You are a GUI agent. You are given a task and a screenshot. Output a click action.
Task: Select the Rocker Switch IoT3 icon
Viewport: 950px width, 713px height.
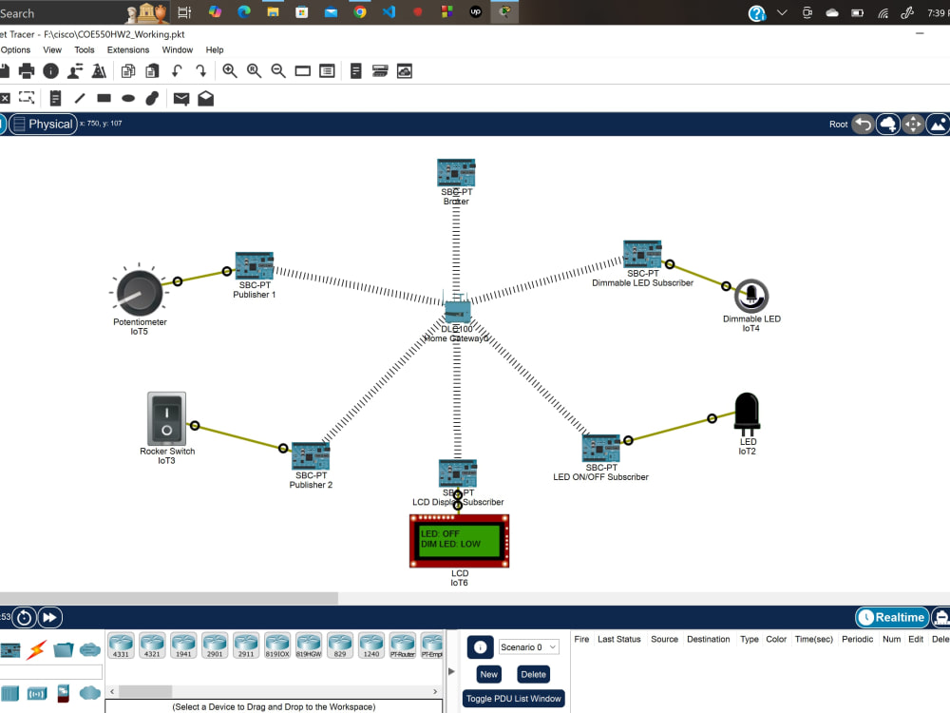(x=166, y=418)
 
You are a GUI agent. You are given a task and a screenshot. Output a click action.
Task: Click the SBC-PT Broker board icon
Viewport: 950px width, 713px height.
(x=456, y=173)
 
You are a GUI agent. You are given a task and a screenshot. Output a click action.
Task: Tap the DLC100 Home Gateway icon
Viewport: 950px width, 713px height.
(x=457, y=312)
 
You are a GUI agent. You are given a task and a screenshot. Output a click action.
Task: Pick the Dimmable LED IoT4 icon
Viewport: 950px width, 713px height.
(x=751, y=297)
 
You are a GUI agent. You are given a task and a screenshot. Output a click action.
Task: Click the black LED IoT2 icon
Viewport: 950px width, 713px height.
(x=748, y=414)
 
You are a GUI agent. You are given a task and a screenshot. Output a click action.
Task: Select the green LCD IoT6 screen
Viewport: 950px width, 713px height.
(x=459, y=540)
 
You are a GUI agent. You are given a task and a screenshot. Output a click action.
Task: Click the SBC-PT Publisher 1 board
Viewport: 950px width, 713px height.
(x=255, y=266)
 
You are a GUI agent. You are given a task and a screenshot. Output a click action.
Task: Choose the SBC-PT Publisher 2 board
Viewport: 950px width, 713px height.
(x=310, y=456)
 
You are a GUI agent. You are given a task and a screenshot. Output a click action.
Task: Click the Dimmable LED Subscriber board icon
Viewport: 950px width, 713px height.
(x=642, y=255)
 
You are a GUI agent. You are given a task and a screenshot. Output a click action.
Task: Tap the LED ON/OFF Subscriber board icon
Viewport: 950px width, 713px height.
(x=600, y=448)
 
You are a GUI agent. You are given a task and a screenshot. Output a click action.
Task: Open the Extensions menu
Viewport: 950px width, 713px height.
(x=128, y=49)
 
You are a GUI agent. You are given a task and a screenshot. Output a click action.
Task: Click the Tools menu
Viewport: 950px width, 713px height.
(x=85, y=49)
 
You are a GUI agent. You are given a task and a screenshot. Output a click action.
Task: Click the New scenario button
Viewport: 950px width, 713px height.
(x=488, y=674)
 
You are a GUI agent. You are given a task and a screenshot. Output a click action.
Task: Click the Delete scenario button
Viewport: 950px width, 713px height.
(x=534, y=674)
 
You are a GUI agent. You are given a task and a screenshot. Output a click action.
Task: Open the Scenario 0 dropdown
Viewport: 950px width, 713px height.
(x=529, y=647)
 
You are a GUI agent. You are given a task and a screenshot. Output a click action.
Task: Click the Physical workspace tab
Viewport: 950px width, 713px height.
(x=43, y=124)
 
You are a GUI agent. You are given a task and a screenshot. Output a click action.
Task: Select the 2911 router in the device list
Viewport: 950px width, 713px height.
(x=246, y=645)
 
